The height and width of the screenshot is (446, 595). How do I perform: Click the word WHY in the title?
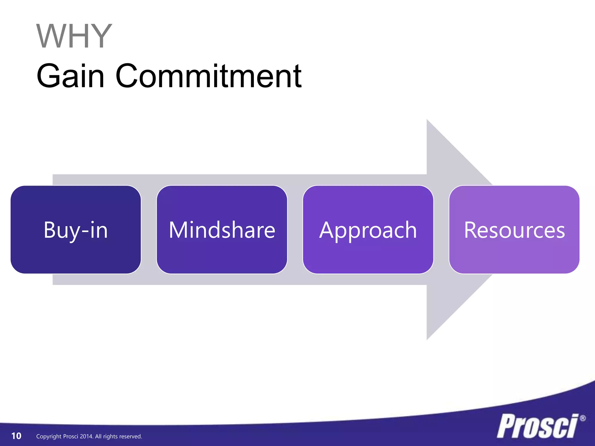click(x=74, y=36)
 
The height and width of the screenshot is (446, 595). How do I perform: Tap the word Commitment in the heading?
click(x=209, y=76)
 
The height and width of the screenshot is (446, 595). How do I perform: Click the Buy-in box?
click(x=76, y=230)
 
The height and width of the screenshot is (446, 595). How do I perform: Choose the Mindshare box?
click(x=222, y=230)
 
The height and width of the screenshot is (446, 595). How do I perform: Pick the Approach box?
click(x=368, y=230)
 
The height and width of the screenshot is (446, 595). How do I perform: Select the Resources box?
click(x=514, y=230)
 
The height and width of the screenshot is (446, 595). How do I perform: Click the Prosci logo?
click(x=537, y=426)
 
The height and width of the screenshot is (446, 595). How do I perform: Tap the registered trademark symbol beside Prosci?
click(x=583, y=418)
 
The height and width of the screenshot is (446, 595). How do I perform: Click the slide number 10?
click(x=16, y=436)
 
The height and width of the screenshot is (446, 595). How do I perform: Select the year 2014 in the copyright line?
click(x=86, y=436)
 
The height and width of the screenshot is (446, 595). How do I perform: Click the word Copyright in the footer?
click(x=49, y=436)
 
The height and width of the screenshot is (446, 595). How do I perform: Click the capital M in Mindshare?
click(x=178, y=230)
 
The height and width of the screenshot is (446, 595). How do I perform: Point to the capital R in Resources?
click(x=470, y=230)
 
